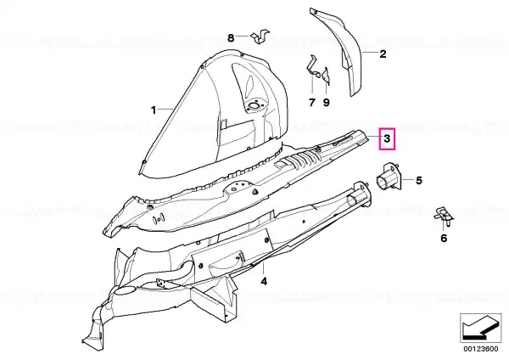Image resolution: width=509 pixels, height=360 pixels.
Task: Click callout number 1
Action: click(154, 110)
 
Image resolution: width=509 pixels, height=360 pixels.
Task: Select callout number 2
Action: click(383, 54)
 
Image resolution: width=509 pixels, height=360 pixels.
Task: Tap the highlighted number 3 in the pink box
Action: click(387, 138)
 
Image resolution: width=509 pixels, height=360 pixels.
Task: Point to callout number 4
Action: click(264, 281)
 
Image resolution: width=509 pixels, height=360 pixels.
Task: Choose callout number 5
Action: click(419, 180)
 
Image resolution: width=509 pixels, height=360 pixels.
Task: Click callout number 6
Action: click(444, 238)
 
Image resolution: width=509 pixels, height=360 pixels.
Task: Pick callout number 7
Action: click(312, 103)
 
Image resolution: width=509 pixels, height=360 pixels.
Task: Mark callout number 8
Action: click(231, 38)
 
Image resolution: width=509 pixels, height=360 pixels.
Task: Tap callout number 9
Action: click(327, 103)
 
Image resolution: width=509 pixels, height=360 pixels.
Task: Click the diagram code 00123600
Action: click(480, 349)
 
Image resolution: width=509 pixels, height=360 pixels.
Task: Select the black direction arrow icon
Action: click(480, 328)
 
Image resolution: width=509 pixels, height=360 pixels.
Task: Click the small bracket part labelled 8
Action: click(260, 36)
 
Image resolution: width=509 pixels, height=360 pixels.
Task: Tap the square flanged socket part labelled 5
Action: click(389, 177)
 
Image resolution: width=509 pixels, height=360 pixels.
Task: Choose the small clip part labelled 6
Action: click(444, 216)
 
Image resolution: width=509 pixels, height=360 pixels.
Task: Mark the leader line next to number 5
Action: click(408, 180)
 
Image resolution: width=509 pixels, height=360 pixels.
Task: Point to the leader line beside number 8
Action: click(243, 36)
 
